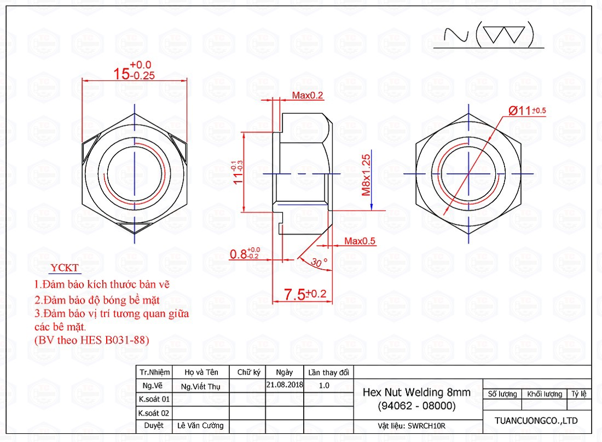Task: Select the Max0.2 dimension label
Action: click(308, 95)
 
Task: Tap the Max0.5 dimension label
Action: click(360, 241)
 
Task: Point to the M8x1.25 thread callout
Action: click(366, 175)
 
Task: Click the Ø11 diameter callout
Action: click(527, 111)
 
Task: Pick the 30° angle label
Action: click(319, 262)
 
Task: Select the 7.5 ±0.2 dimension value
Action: click(305, 294)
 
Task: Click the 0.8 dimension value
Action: click(245, 253)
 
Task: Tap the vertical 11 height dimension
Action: click(238, 172)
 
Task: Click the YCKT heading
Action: click(65, 267)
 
